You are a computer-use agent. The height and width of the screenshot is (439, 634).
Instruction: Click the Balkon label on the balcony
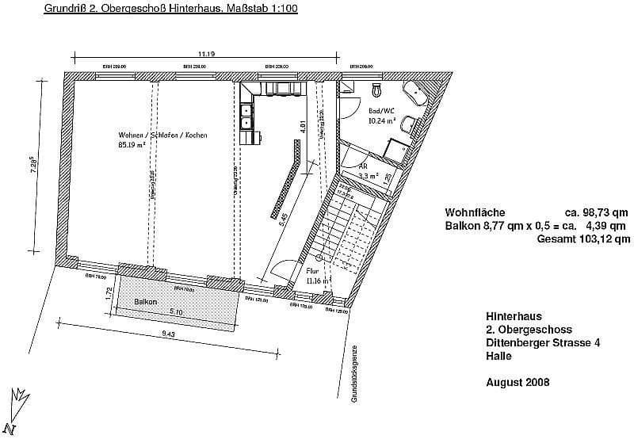(145, 302)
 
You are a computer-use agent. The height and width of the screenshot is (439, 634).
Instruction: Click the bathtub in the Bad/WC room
(418, 94)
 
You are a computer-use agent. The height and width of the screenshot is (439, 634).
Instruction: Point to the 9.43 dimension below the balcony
(169, 334)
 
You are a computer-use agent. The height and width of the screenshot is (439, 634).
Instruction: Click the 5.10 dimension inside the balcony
(176, 312)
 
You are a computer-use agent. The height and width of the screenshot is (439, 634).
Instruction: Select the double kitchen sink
(247, 116)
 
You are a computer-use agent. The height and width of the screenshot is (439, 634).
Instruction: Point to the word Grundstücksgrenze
(356, 373)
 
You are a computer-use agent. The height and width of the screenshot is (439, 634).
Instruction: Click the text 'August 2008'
(517, 382)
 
